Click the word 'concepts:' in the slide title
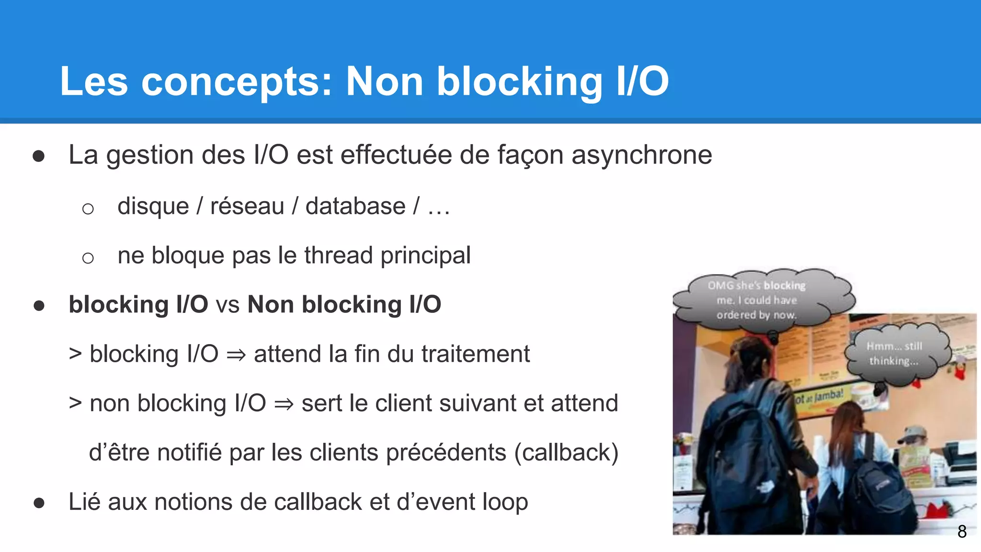coord(236,81)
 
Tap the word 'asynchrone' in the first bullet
coord(641,155)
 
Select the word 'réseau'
coord(247,206)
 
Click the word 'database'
coord(355,206)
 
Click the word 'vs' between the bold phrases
coord(228,305)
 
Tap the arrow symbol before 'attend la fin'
coord(236,355)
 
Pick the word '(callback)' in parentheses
coord(566,452)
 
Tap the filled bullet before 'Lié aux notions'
coord(39,503)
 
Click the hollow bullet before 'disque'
coord(88,208)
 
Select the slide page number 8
coord(962,531)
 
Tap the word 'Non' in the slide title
coord(385,81)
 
